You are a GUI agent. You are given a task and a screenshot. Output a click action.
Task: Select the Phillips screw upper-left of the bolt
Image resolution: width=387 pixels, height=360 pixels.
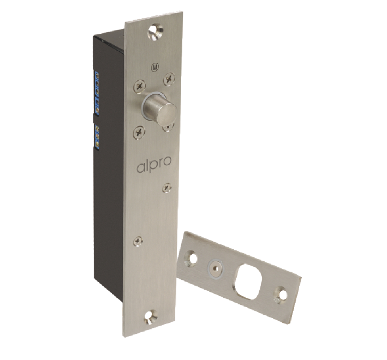[x=140, y=87]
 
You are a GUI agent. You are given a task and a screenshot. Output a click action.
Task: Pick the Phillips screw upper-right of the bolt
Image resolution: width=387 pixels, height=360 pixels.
[x=169, y=79]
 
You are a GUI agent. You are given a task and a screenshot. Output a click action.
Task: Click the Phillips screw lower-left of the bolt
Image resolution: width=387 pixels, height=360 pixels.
[x=139, y=132]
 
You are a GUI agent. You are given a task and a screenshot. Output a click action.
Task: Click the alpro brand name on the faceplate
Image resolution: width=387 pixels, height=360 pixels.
[x=154, y=165]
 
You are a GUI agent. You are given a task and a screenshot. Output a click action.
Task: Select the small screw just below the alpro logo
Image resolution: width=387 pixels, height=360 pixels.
[x=167, y=188]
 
